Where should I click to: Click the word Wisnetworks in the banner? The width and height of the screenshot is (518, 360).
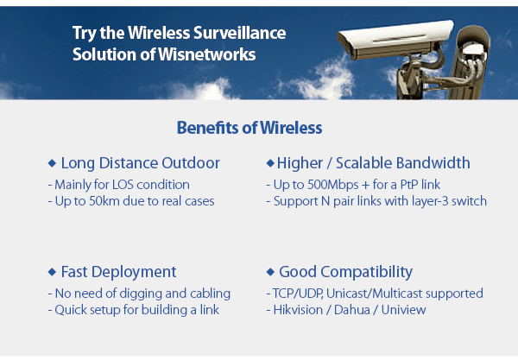207,54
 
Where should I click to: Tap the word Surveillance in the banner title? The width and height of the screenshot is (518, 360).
239,33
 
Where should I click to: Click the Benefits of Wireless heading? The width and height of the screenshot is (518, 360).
250,128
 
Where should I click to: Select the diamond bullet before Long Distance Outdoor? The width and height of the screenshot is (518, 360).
52,163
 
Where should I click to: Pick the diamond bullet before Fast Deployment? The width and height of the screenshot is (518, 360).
52,272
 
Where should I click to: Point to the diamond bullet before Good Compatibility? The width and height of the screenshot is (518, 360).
270,272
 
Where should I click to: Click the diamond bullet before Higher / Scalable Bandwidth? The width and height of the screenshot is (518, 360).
270,163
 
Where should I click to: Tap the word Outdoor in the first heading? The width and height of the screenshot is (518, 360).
191,163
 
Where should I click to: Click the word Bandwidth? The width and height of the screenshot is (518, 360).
433,163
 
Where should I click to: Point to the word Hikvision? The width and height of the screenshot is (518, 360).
299,310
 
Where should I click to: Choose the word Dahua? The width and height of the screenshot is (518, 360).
352,310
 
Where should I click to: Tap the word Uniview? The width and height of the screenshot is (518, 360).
404,310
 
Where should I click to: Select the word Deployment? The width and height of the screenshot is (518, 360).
134,273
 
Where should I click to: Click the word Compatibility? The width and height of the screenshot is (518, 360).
366,273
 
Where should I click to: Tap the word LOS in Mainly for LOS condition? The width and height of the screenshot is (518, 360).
123,185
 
